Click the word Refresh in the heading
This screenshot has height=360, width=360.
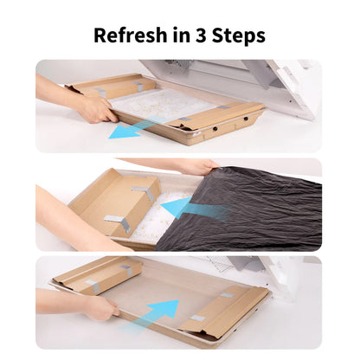pyautogui.click(x=131, y=35)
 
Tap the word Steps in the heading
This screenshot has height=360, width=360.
pyautogui.click(x=241, y=35)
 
